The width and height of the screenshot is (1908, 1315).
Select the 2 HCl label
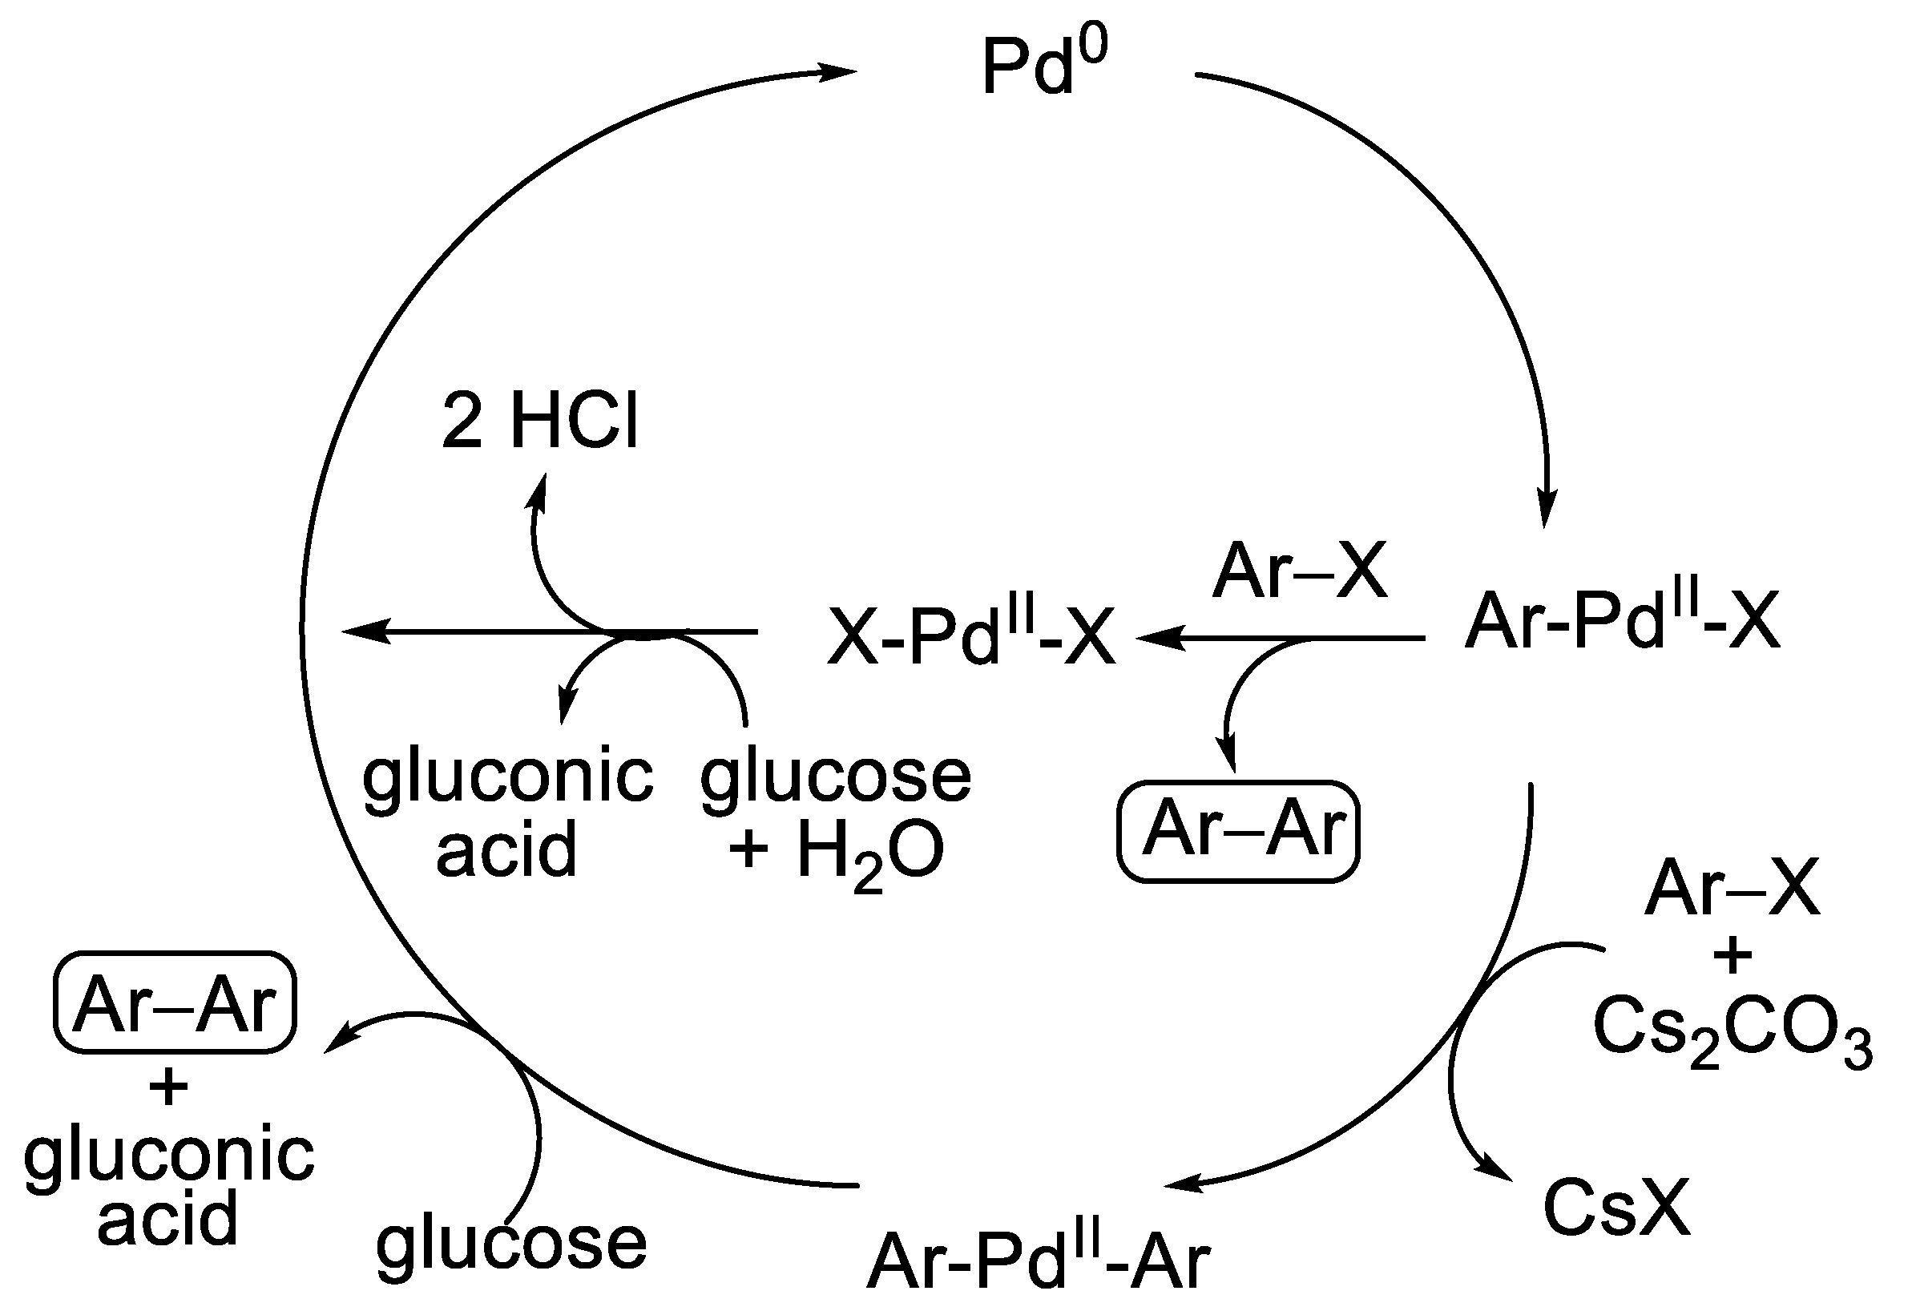540,422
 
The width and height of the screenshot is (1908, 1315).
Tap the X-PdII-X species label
971,637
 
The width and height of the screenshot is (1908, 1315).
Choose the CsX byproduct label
1616,1208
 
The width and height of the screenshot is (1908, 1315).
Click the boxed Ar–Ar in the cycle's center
1238,830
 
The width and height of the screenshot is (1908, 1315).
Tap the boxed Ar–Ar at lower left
175,1002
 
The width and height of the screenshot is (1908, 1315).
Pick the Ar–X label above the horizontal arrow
1299,571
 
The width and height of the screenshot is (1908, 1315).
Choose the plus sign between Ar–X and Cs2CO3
1733,958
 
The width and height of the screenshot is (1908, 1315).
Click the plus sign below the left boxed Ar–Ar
169,1087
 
